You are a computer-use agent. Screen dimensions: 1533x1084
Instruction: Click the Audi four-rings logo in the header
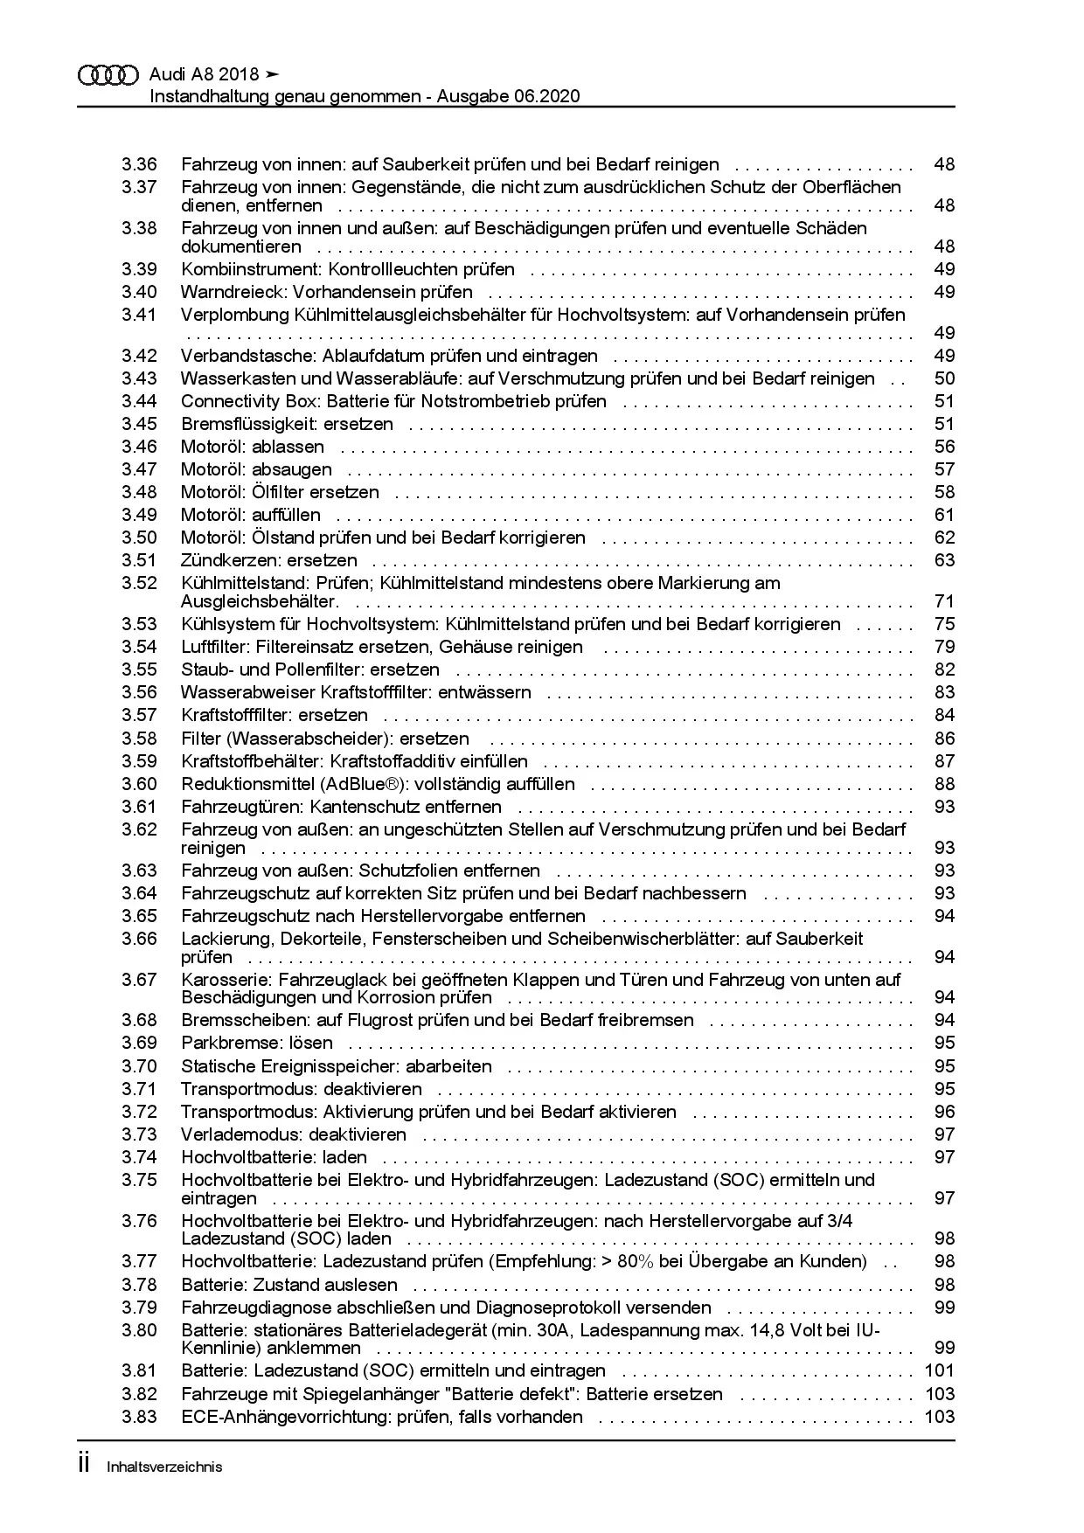click(x=108, y=76)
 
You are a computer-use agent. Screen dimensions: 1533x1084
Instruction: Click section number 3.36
click(x=139, y=164)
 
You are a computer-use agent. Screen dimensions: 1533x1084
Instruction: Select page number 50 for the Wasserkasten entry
click(x=944, y=378)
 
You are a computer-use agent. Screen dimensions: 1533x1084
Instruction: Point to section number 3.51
click(x=139, y=560)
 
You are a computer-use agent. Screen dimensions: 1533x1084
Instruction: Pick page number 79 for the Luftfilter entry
click(x=944, y=647)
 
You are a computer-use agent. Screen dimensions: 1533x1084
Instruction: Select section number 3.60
click(x=139, y=784)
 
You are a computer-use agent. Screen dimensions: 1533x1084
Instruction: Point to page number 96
click(x=944, y=1112)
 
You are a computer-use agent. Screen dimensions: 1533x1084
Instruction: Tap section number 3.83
click(x=139, y=1417)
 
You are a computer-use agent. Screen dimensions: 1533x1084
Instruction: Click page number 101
click(x=940, y=1370)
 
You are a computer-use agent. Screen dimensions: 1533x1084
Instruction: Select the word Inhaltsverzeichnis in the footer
click(x=164, y=1467)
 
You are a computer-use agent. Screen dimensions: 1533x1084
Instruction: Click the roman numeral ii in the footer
click(x=85, y=1465)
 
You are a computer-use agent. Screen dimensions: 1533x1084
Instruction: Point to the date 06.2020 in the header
click(x=545, y=96)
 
